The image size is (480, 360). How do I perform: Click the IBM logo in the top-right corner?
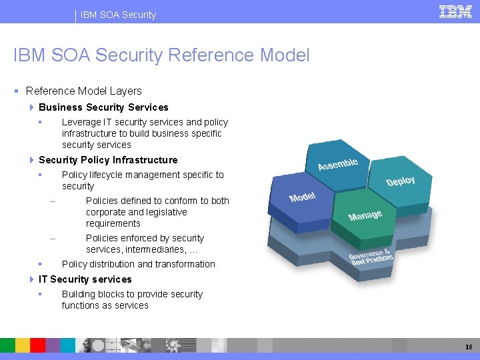[455, 11]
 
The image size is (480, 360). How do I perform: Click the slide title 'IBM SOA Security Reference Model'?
[161, 55]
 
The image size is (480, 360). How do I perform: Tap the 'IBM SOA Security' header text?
[119, 15]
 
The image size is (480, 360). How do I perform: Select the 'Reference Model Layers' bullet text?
[84, 91]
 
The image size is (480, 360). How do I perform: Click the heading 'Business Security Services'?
[103, 107]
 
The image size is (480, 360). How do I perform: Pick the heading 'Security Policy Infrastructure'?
[108, 160]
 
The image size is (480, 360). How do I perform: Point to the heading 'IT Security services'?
[85, 279]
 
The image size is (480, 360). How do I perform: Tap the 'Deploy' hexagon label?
[401, 181]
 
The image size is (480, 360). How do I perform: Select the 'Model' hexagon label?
[302, 197]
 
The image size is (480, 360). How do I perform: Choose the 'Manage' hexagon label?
[365, 215]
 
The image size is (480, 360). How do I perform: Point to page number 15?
[469, 347]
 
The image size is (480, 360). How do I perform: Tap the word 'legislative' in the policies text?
[163, 212]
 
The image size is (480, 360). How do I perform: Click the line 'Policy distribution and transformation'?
[139, 264]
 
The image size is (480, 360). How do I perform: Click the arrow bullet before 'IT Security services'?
[32, 279]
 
